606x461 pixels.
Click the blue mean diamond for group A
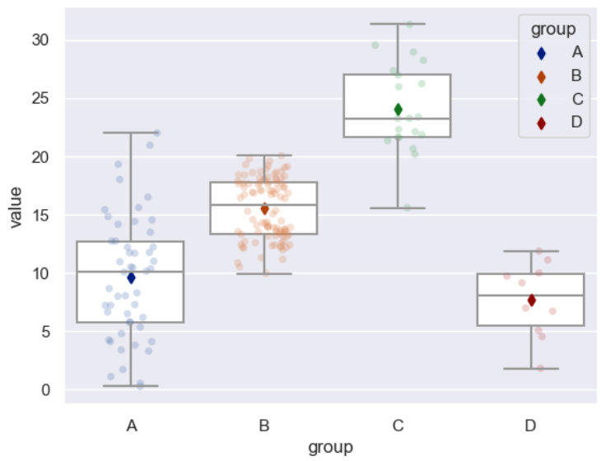tap(131, 278)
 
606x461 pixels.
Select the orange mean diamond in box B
tap(264, 210)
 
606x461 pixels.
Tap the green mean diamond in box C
tap(398, 109)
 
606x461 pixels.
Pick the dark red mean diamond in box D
tap(531, 300)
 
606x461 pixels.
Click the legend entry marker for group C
tap(541, 100)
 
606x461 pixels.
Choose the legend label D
tap(576, 123)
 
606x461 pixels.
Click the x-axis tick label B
tap(264, 426)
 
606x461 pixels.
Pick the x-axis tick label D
tap(531, 426)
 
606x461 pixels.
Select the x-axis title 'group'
tap(330, 447)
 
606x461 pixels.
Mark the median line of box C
tap(398, 119)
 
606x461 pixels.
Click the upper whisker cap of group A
tap(131, 133)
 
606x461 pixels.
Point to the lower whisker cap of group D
tap(531, 368)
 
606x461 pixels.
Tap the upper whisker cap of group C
tap(398, 24)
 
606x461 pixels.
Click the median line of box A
tap(131, 272)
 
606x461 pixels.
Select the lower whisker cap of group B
tap(264, 273)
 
